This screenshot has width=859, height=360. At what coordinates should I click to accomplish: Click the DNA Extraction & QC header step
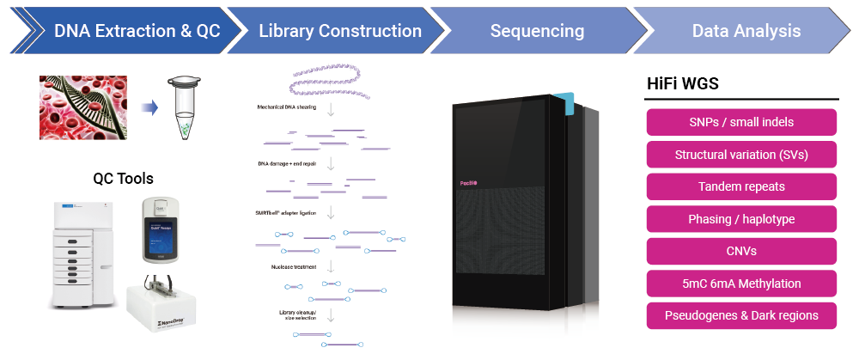pyautogui.click(x=137, y=31)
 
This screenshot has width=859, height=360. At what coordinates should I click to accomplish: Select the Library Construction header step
pyautogui.click(x=340, y=31)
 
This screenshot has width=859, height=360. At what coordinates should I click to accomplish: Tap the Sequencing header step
pyautogui.click(x=537, y=31)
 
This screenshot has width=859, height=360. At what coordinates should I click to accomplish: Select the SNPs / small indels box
pyautogui.click(x=741, y=122)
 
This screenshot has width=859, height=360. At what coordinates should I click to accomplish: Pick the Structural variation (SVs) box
pyautogui.click(x=741, y=155)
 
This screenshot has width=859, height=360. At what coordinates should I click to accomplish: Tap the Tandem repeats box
pyautogui.click(x=741, y=186)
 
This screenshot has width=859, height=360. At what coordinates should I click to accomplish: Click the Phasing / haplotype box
pyautogui.click(x=741, y=219)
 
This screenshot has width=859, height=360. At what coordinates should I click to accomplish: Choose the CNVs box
pyautogui.click(x=741, y=251)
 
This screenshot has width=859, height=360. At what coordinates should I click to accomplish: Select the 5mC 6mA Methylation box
pyautogui.click(x=741, y=284)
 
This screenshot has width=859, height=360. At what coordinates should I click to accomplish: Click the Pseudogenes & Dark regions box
pyautogui.click(x=741, y=315)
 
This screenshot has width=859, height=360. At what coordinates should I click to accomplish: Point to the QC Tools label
pyautogui.click(x=123, y=179)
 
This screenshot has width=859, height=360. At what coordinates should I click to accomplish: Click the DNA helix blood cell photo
pyautogui.click(x=83, y=107)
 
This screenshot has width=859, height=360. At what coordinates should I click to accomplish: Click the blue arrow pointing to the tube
pyautogui.click(x=149, y=108)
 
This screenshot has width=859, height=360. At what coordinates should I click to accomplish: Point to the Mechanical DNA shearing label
pyautogui.click(x=287, y=107)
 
